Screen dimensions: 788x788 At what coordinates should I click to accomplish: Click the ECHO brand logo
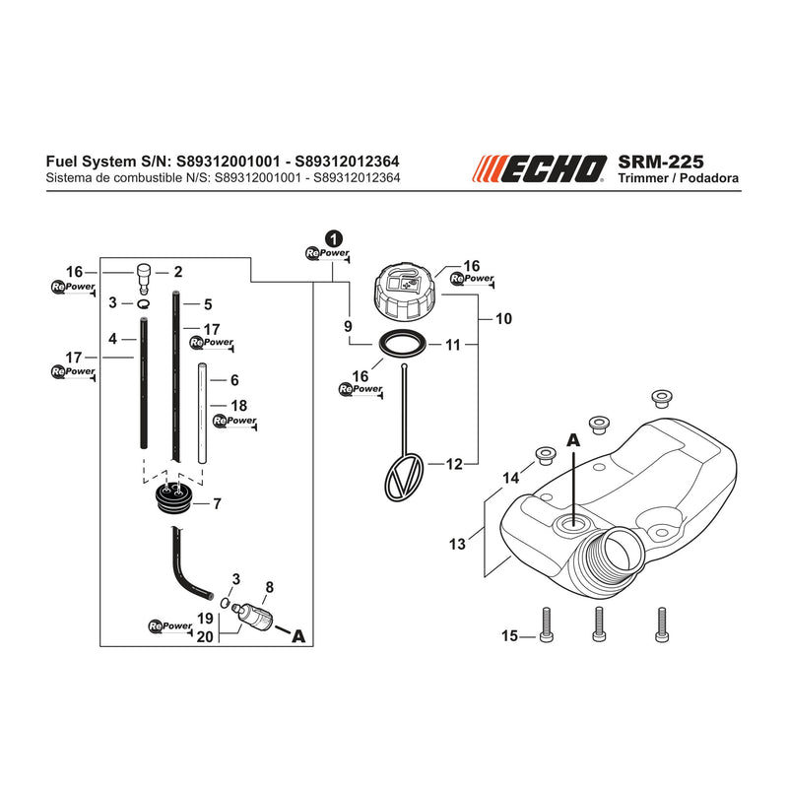pyautogui.click(x=539, y=168)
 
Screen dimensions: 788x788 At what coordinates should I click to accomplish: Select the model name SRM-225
pyautogui.click(x=660, y=162)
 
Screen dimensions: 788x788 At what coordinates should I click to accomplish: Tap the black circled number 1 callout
pyautogui.click(x=334, y=238)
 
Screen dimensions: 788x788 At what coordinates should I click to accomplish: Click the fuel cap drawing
pyautogui.click(x=406, y=295)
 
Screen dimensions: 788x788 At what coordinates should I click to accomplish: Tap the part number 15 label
pyautogui.click(x=509, y=635)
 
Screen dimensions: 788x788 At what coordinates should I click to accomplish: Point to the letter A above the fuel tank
pyautogui.click(x=573, y=440)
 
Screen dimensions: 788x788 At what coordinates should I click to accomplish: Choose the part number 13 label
pyautogui.click(x=457, y=544)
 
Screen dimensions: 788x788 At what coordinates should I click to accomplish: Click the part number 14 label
pyautogui.click(x=511, y=478)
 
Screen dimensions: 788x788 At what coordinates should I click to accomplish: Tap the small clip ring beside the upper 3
pyautogui.click(x=144, y=303)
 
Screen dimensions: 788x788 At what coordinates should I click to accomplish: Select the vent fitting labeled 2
pyautogui.click(x=144, y=280)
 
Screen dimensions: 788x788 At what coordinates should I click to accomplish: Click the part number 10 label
pyautogui.click(x=503, y=318)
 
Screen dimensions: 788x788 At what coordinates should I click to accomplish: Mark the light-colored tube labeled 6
pyautogui.click(x=202, y=413)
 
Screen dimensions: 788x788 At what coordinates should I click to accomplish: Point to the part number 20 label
pyautogui.click(x=205, y=636)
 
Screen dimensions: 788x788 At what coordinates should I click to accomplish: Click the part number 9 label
pyautogui.click(x=348, y=326)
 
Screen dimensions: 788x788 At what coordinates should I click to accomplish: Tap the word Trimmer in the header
pyautogui.click(x=644, y=178)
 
